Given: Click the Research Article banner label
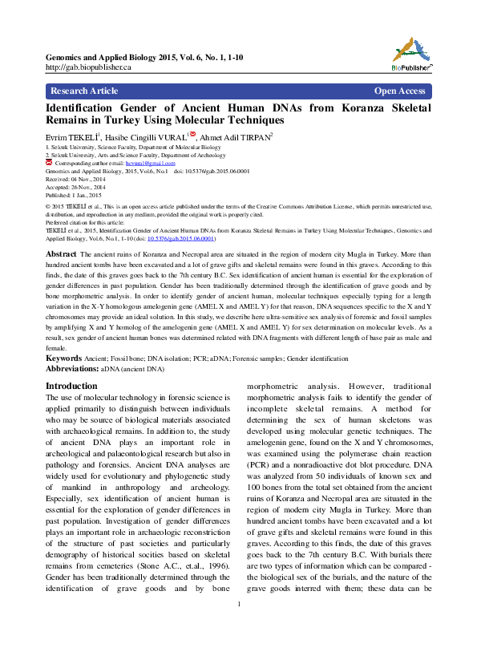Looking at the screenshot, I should click(x=84, y=91).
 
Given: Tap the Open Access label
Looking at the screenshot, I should click(x=399, y=91).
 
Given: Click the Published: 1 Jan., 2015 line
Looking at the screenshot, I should click(x=73, y=195).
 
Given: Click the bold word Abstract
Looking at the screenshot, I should click(x=61, y=253).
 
